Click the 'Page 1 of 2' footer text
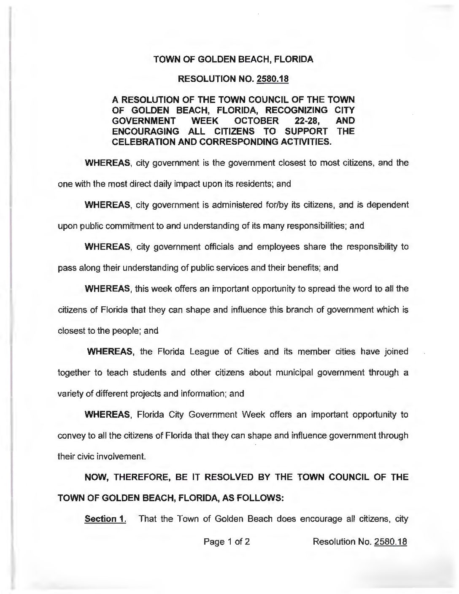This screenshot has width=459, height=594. coord(227,541)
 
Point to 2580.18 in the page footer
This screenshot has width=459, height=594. coord(390,541)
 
